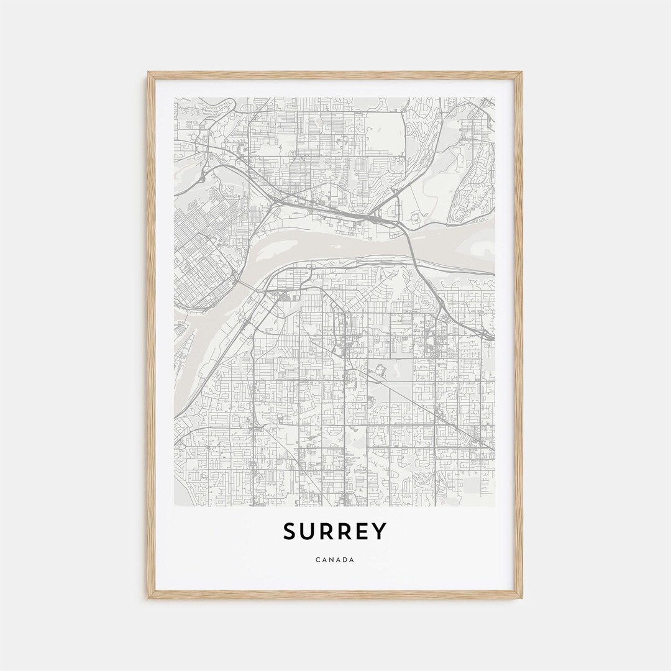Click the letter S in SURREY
290,532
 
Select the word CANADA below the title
335,560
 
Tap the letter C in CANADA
318,560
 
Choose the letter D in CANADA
345,560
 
